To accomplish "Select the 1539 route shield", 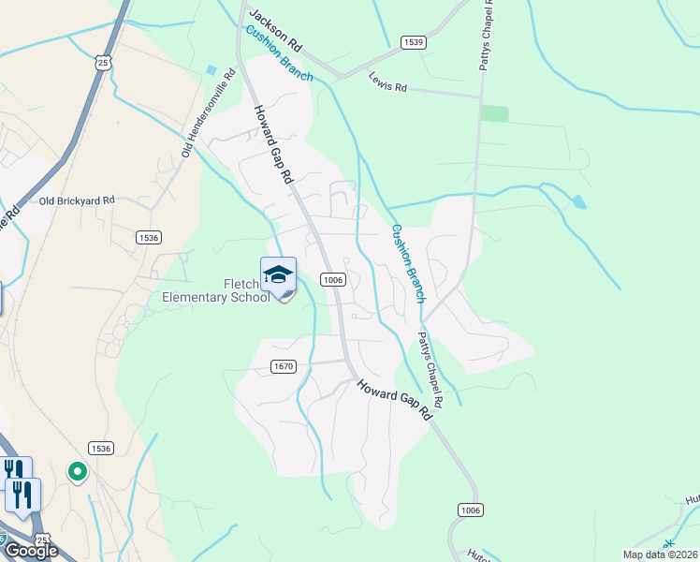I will click(413, 42).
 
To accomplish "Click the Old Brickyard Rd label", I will click(76, 200).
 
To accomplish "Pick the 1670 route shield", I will click(284, 365).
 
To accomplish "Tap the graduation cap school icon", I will click(278, 274).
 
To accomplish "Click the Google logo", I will click(31, 551).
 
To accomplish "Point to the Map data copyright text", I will click(660, 555).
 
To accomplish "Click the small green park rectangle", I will click(494, 113).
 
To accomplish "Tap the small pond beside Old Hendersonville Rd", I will click(211, 70).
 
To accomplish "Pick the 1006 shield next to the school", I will click(334, 279).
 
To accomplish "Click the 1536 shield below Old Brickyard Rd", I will click(148, 238).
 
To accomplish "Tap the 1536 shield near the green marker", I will click(101, 449).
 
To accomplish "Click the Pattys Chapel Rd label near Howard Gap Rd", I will click(430, 369).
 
